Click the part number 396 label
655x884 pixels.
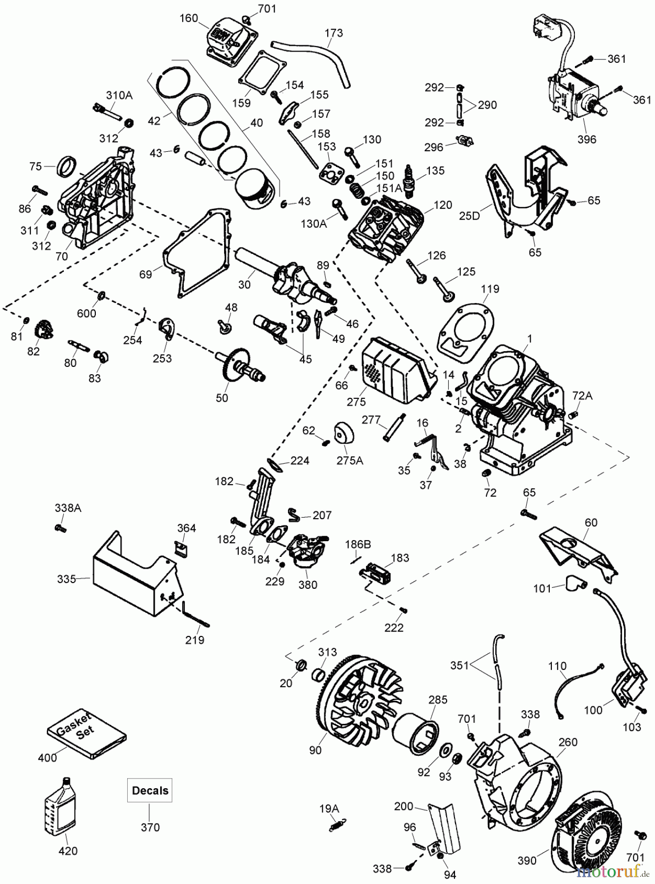pyautogui.click(x=586, y=139)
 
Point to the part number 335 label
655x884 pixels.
pyautogui.click(x=66, y=579)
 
